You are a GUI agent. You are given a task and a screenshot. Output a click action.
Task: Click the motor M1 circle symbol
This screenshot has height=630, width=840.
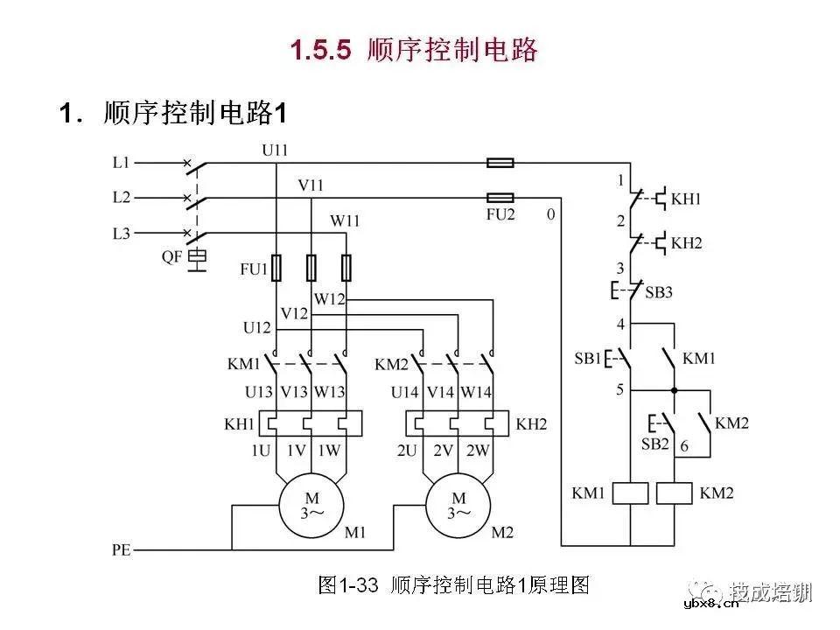[311, 505]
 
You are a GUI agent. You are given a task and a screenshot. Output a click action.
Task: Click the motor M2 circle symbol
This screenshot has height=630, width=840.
[458, 505]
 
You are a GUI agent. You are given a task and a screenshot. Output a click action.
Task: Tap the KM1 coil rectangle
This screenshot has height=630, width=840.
[630, 493]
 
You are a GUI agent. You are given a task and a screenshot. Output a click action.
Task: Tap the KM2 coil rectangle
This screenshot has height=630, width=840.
[674, 493]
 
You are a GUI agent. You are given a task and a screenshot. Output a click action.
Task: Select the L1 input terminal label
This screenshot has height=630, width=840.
[121, 162]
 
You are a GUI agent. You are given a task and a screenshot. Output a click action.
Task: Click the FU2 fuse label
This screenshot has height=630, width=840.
[500, 214]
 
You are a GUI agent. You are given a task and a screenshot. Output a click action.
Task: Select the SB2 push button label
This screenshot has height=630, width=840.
[655, 444]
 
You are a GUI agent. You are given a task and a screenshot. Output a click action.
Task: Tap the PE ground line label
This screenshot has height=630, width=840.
[121, 550]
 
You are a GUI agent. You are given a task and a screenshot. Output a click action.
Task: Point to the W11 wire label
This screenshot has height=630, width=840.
[344, 220]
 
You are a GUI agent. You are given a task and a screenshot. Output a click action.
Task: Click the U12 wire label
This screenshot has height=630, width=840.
[257, 327]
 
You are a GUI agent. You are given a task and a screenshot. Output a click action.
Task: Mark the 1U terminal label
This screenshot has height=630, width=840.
[261, 451]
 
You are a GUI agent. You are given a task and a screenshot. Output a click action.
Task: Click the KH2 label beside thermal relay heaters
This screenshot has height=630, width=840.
[531, 424]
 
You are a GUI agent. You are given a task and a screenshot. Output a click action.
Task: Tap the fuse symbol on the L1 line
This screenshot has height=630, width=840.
[500, 163]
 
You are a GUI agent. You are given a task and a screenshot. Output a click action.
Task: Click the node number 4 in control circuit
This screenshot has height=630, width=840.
[620, 325]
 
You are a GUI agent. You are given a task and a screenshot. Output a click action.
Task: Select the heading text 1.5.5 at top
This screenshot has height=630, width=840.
[321, 50]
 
